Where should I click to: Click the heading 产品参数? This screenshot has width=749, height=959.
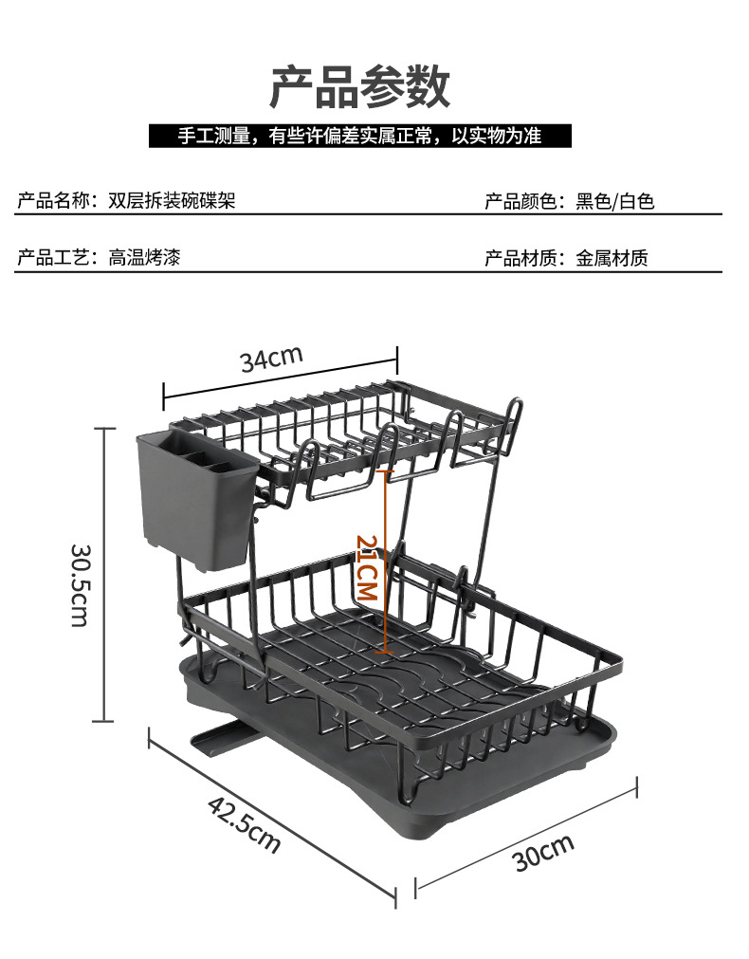[359, 87]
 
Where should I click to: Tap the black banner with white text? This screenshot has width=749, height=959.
[359, 136]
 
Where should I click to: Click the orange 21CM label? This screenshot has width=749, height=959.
[367, 567]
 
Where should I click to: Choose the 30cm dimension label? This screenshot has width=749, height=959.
[543, 853]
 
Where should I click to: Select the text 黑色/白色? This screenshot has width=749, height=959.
[615, 201]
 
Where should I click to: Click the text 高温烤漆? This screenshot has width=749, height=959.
[144, 257]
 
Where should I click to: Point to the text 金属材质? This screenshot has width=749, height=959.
[612, 257]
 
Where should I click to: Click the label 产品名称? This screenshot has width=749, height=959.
[54, 201]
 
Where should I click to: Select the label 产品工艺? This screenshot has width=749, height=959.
[54, 257]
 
